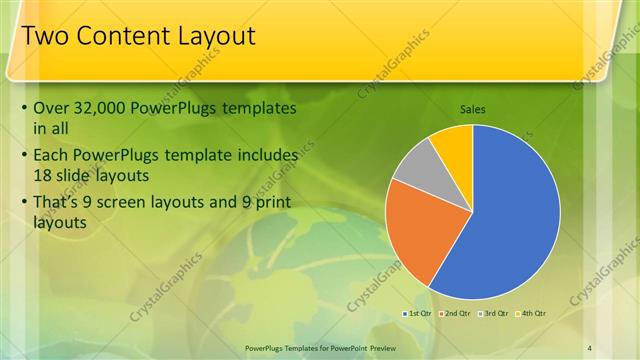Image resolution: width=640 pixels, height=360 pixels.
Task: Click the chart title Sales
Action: click(x=474, y=109)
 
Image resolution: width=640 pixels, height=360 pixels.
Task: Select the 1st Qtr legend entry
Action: click(x=420, y=314)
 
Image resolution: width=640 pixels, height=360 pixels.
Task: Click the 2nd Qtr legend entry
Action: click(x=456, y=314)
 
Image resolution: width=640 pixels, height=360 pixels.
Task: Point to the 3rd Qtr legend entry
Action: click(x=494, y=314)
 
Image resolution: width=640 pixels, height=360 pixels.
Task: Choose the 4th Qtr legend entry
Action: click(x=532, y=314)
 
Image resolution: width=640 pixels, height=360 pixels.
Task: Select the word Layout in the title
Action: click(x=215, y=38)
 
